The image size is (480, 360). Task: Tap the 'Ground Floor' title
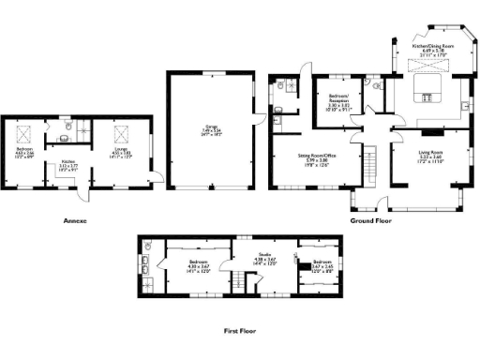click(370, 221)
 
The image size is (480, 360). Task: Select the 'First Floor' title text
click(241, 330)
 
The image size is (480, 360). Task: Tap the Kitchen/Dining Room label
click(433, 47)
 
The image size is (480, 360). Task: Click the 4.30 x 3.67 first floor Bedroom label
click(199, 266)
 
